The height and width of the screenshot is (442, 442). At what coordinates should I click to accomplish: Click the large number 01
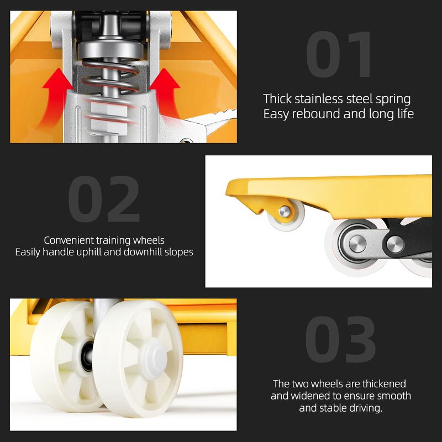340,56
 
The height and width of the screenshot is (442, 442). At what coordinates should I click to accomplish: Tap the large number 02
104,199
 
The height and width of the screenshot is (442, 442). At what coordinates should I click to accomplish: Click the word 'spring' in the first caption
393,99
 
